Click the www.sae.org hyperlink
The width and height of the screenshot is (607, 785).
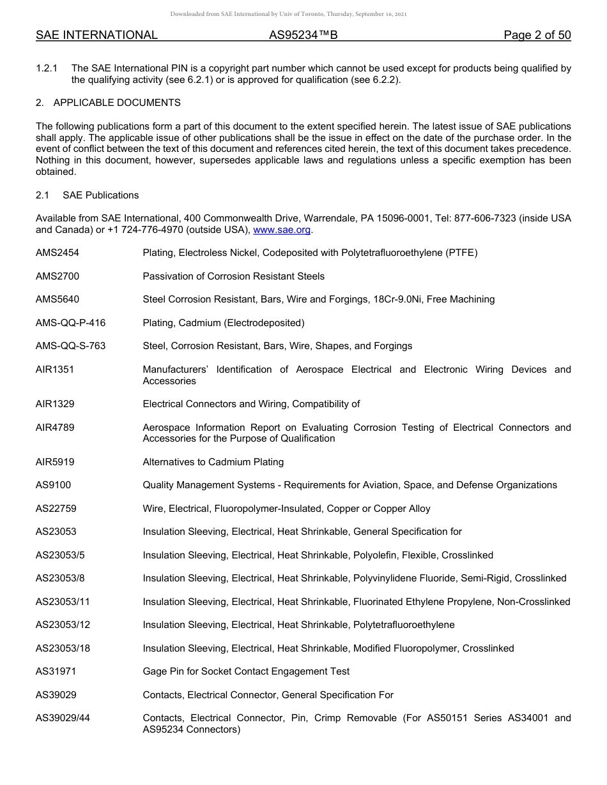point(283,230)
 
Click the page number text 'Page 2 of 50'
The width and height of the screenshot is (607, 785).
point(537,35)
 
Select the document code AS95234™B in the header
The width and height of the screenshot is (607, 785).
point(303,35)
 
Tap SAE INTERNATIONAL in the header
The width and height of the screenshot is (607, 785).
point(96,35)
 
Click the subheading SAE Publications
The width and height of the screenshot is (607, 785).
point(100,195)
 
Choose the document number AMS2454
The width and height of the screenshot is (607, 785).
point(58,253)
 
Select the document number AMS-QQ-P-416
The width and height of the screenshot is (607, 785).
point(70,322)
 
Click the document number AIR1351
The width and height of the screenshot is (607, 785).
point(55,369)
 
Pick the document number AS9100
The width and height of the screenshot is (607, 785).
point(53,485)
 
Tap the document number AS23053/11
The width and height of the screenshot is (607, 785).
point(63,601)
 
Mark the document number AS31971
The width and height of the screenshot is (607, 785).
point(56,671)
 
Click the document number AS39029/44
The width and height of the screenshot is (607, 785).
point(63,718)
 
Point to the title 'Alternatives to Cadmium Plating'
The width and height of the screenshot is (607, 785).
point(213,461)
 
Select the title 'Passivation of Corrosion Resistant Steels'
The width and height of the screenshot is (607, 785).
point(233,276)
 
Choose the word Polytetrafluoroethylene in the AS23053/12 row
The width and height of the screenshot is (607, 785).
point(404,625)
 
